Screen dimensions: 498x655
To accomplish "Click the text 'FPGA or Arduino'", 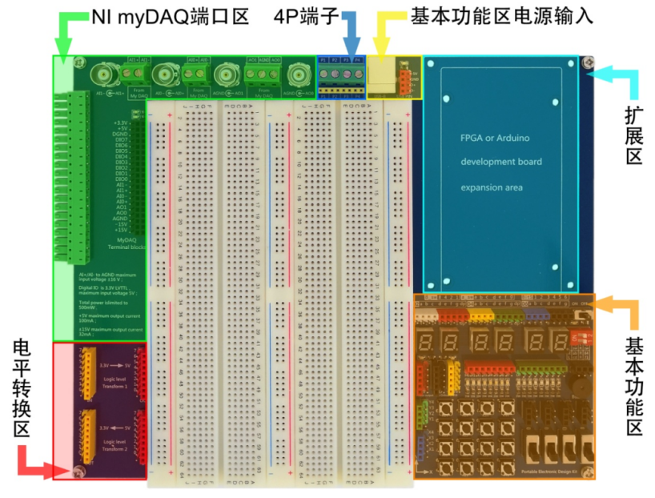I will point(494,138).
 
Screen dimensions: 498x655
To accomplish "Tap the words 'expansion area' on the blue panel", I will point(491,187).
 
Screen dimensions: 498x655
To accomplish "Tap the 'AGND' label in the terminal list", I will point(121,217).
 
